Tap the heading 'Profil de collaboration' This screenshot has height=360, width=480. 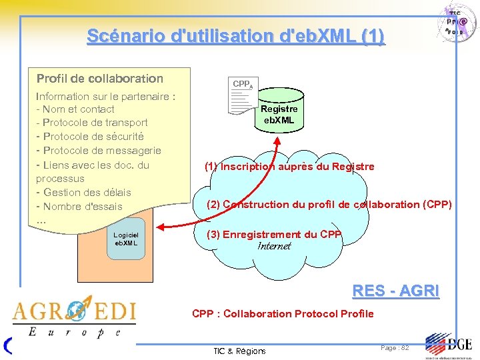click(x=100, y=79)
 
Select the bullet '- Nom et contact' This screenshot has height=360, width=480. click(x=75, y=109)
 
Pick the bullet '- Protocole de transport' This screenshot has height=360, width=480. click(x=92, y=123)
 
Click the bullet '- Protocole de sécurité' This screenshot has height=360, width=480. click(x=91, y=137)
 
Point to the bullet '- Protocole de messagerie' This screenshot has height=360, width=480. click(x=99, y=151)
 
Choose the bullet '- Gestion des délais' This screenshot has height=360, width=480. click(x=83, y=193)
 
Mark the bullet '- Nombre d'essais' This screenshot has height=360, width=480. click(x=79, y=207)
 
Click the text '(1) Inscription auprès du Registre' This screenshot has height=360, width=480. click(x=289, y=167)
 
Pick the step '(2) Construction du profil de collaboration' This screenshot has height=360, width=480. click(x=329, y=205)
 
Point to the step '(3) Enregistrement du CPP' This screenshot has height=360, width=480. click(x=274, y=234)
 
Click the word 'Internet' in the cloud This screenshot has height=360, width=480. click(x=274, y=246)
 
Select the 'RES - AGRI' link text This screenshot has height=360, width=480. click(x=395, y=291)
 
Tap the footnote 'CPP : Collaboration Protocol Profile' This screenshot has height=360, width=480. click(x=283, y=313)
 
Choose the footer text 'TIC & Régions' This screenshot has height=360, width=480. click(x=239, y=351)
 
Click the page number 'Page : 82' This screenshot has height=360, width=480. click(x=395, y=348)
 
